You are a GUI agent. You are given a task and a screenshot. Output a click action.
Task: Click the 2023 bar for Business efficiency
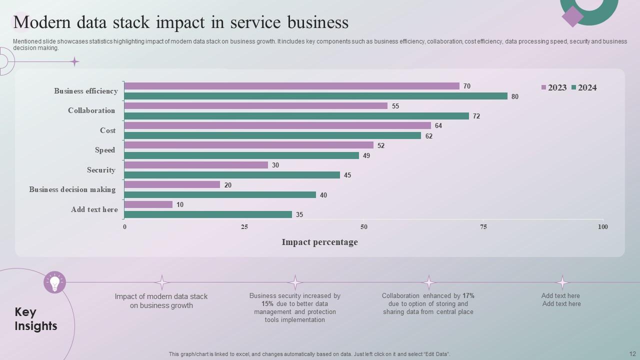point(291,86)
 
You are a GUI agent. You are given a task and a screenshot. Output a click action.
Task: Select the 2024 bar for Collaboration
point(296,116)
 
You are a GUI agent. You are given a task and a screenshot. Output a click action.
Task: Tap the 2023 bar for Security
point(196,165)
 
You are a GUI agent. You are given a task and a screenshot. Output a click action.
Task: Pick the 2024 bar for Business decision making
point(220,195)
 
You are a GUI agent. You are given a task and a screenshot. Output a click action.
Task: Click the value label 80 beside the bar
point(515,96)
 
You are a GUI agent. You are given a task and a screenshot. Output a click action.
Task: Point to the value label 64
point(438,126)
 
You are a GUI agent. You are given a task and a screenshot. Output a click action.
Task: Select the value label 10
point(180,205)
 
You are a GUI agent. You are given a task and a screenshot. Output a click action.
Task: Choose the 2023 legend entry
point(554,88)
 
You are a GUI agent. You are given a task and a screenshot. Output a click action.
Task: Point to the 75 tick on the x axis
point(483,227)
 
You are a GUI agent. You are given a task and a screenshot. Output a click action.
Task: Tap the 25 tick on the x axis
point(244,227)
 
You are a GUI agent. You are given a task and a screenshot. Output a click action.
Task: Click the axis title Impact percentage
point(319,242)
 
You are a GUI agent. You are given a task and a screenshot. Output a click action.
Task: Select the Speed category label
point(105,150)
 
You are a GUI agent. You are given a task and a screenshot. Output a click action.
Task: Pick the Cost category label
point(107,130)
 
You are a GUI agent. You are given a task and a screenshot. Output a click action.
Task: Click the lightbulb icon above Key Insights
point(55,282)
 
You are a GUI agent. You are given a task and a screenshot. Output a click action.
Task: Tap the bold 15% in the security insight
point(267,304)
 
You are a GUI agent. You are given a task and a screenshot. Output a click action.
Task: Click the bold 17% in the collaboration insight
point(468,296)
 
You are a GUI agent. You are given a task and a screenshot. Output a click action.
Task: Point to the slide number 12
point(632,353)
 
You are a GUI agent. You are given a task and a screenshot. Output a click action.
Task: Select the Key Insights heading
point(36,319)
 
